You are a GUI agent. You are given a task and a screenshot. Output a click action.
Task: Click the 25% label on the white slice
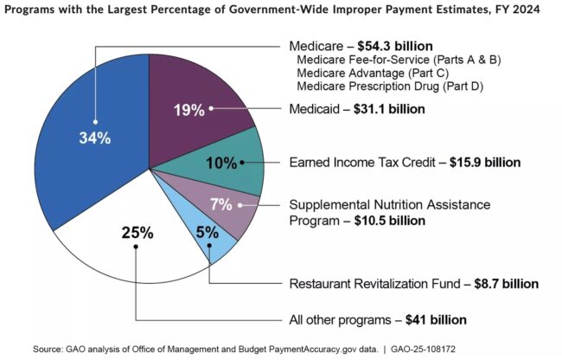137,232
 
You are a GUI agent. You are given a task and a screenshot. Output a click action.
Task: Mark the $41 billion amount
437,319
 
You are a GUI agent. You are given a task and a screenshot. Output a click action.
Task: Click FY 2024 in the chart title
518,10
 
